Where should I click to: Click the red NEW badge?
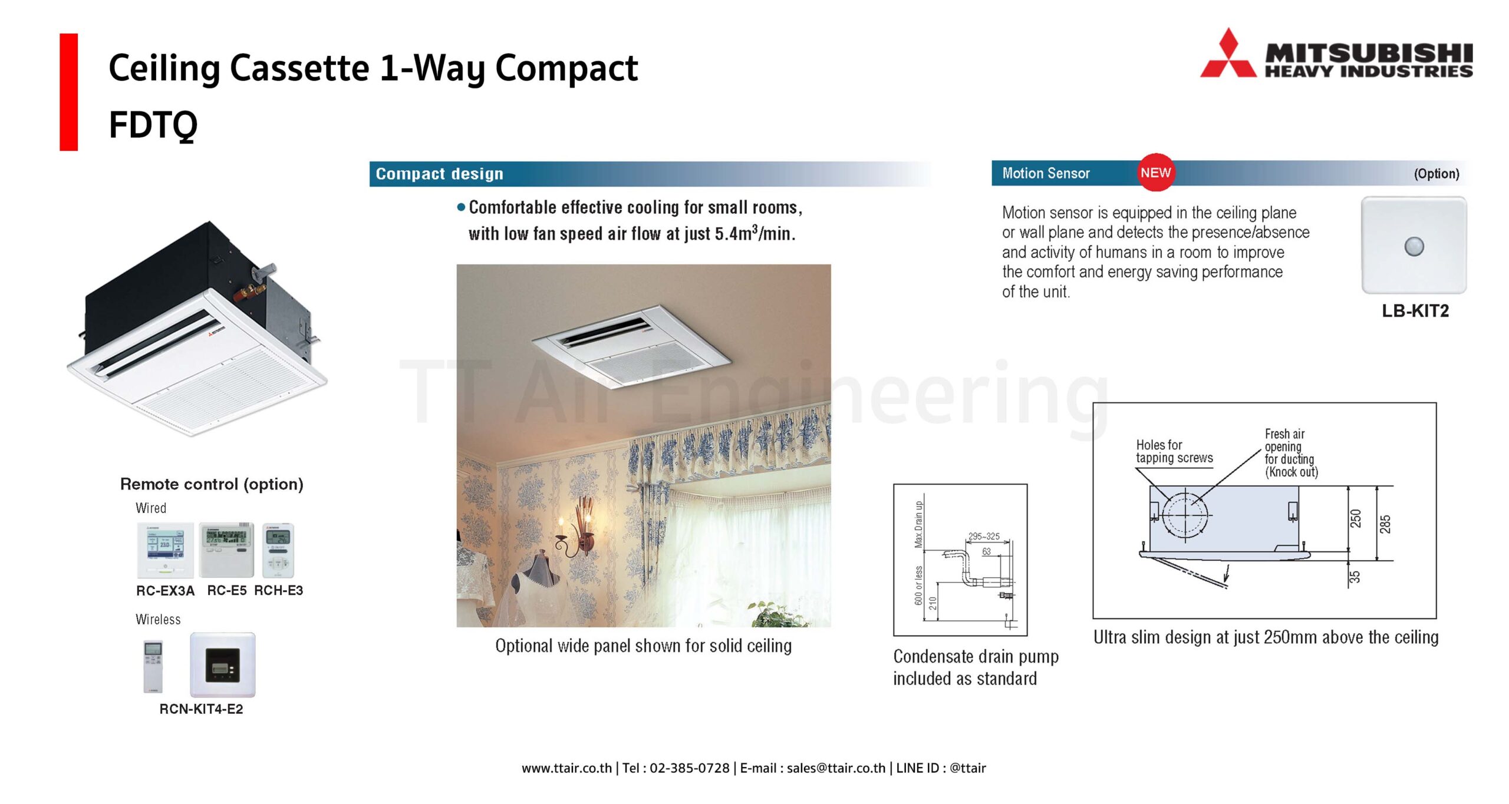pyautogui.click(x=1155, y=173)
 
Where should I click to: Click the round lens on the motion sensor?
pyautogui.click(x=1414, y=246)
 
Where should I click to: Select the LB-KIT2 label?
pyautogui.click(x=1415, y=310)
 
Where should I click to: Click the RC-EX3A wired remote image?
pyautogui.click(x=165, y=550)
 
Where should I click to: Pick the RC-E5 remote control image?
pyautogui.click(x=226, y=550)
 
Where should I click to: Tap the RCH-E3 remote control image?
pyautogui.click(x=278, y=550)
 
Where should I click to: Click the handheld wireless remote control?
pyautogui.click(x=153, y=666)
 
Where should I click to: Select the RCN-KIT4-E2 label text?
pyautogui.click(x=201, y=709)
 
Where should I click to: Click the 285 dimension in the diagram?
pyautogui.click(x=1385, y=524)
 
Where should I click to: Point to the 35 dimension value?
pyautogui.click(x=1355, y=577)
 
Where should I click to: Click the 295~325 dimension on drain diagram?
pyautogui.click(x=984, y=537)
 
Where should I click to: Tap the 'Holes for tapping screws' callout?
pyautogui.click(x=1174, y=451)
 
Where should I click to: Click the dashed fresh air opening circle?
pyautogui.click(x=1185, y=515)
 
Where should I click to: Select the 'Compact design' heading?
pyautogui.click(x=440, y=174)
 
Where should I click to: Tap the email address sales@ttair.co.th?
pyautogui.click(x=836, y=768)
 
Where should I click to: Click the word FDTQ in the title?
pyautogui.click(x=153, y=125)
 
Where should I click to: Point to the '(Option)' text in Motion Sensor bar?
pyautogui.click(x=1436, y=174)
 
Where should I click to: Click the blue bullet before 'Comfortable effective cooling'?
pyautogui.click(x=461, y=207)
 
